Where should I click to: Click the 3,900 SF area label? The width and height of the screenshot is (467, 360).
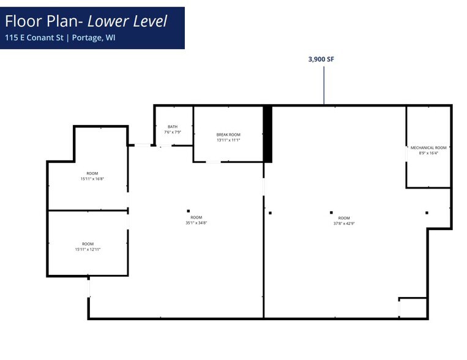click(x=321, y=59)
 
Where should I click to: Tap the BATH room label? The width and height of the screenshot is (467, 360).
click(x=173, y=127)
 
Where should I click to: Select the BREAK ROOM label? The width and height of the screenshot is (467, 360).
click(x=228, y=135)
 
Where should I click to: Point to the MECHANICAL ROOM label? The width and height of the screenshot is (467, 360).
click(x=428, y=148)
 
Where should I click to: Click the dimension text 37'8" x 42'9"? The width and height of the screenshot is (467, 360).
click(x=344, y=223)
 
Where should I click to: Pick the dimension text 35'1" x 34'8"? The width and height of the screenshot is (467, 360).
click(x=196, y=223)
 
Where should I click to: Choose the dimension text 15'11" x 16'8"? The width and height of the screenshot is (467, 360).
click(x=92, y=179)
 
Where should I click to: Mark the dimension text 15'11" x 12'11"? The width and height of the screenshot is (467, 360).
click(x=88, y=249)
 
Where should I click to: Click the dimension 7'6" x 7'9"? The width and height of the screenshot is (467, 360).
click(x=173, y=132)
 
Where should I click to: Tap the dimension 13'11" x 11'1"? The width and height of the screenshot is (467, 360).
click(x=228, y=140)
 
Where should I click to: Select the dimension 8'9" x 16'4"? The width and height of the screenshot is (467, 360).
click(x=428, y=153)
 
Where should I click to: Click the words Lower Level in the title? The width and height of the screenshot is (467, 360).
click(x=127, y=21)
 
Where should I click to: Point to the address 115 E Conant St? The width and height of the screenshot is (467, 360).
click(x=32, y=38)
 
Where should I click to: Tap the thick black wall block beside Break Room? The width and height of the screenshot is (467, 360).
click(x=267, y=134)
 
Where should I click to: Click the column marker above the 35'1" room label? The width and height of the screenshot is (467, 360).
click(x=189, y=211)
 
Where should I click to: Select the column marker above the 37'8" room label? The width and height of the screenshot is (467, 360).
click(x=331, y=212)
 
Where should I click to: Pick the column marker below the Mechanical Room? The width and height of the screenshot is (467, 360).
click(x=427, y=212)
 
